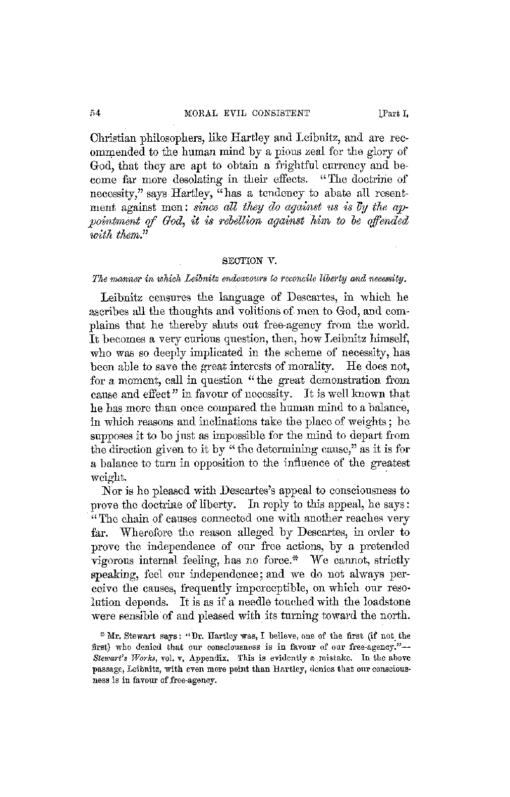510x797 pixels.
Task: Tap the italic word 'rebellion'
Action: click(218, 220)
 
